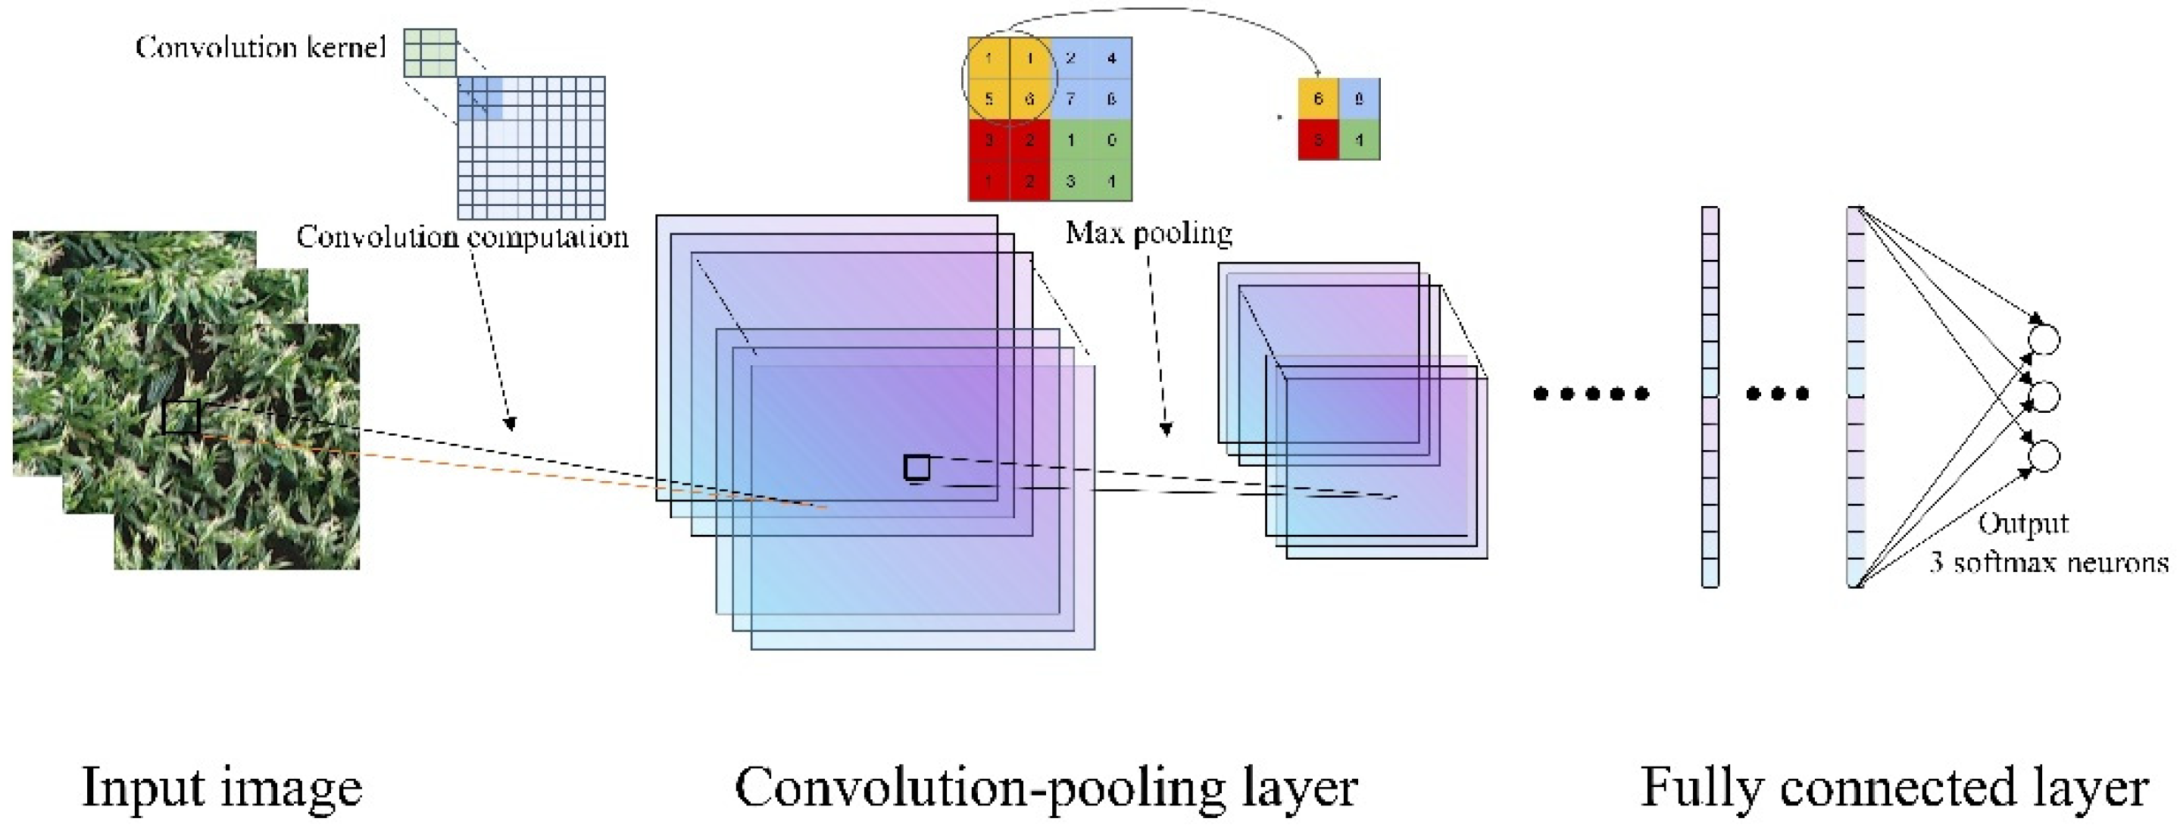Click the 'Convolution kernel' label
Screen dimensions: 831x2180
tap(261, 48)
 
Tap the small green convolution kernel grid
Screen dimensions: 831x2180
tap(430, 52)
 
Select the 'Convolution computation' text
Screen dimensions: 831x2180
tap(462, 237)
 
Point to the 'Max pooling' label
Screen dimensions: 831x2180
tap(1148, 233)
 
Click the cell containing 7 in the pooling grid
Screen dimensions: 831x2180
tap(1070, 99)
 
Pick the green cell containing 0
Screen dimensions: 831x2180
tap(1111, 139)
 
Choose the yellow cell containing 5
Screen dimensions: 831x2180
tap(988, 99)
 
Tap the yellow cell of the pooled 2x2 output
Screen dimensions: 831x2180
tap(1318, 98)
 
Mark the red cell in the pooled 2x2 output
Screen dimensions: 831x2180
tap(1318, 139)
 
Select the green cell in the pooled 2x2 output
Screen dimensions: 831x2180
tap(1359, 139)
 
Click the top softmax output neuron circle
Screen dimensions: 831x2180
tap(2044, 339)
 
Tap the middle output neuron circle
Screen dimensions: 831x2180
tap(2044, 396)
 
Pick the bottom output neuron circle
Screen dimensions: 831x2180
tap(2044, 455)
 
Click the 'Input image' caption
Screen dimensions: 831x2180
tap(222, 787)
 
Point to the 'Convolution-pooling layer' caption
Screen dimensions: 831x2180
tap(1046, 787)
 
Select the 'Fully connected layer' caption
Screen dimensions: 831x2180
tap(1894, 787)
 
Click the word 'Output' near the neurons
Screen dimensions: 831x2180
tap(2022, 523)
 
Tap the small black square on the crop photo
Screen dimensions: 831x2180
tap(180, 417)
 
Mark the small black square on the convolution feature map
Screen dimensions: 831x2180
tap(917, 467)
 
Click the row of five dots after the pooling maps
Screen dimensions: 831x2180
tap(1591, 393)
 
